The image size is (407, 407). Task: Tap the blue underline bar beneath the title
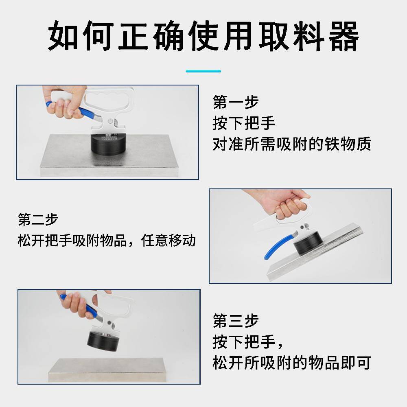pos(203,71)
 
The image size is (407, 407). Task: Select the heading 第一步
pos(235,102)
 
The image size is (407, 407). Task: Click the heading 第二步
pos(38,219)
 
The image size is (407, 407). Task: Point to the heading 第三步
pos(235,321)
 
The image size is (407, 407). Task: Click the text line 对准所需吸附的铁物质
pos(292,144)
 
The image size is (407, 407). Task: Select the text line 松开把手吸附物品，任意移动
pos(106,241)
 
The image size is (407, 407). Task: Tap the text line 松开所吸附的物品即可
pos(292,363)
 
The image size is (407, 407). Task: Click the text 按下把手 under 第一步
pos(243,123)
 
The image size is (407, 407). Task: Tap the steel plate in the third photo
pos(107,370)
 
